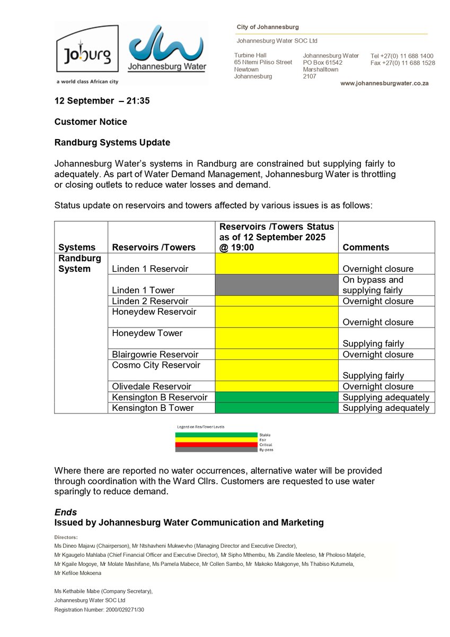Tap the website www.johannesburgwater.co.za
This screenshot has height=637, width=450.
(385, 84)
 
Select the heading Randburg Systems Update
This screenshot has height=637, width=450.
(112, 143)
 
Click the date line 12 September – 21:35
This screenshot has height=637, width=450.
(102, 100)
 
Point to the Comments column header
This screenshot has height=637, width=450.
(365, 247)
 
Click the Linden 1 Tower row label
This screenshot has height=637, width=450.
(143, 290)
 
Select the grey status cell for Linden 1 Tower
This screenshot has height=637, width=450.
(276, 285)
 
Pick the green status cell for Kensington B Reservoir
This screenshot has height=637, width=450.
(276, 397)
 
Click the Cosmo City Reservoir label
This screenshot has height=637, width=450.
(156, 365)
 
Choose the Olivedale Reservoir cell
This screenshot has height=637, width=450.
(152, 386)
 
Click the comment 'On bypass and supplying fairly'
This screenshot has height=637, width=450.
(373, 285)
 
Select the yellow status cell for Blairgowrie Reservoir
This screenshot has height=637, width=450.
(276, 354)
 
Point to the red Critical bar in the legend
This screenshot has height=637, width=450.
(217, 445)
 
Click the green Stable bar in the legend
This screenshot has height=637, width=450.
(217, 435)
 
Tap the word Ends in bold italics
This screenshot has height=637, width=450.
(66, 512)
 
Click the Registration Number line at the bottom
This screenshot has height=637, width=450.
(99, 610)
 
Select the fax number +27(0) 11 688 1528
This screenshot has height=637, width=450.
(403, 63)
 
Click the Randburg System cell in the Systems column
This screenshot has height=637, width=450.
(80, 264)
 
